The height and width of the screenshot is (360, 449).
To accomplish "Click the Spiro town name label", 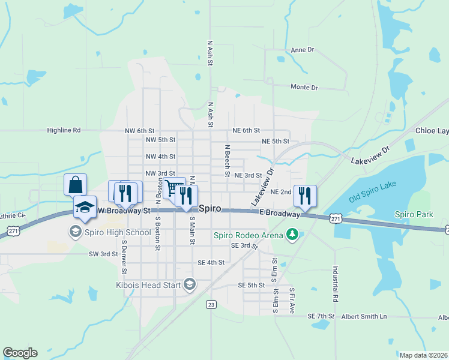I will tap(210, 209).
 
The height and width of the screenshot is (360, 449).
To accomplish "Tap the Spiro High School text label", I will tap(118, 232).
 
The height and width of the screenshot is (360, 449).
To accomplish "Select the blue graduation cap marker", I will tap(85, 207).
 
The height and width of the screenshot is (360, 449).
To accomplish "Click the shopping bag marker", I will tap(76, 184).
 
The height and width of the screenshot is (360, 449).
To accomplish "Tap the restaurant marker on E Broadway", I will tap(305, 195).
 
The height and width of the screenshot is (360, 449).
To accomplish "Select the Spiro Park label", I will tap(414, 214).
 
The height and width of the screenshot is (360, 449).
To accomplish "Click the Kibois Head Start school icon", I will tap(190, 284).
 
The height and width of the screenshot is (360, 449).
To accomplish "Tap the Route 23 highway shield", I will tap(211, 304).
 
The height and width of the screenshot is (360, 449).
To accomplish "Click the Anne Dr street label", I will tap(303, 50).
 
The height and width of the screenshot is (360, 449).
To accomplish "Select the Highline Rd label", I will tap(64, 130).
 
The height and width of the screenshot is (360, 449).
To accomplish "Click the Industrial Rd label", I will tap(335, 284).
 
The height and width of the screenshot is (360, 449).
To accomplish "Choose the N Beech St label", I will tap(228, 160).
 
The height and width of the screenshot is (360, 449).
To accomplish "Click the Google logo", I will tap(20, 353).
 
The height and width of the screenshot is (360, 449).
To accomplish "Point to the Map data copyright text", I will tap(423, 355).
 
